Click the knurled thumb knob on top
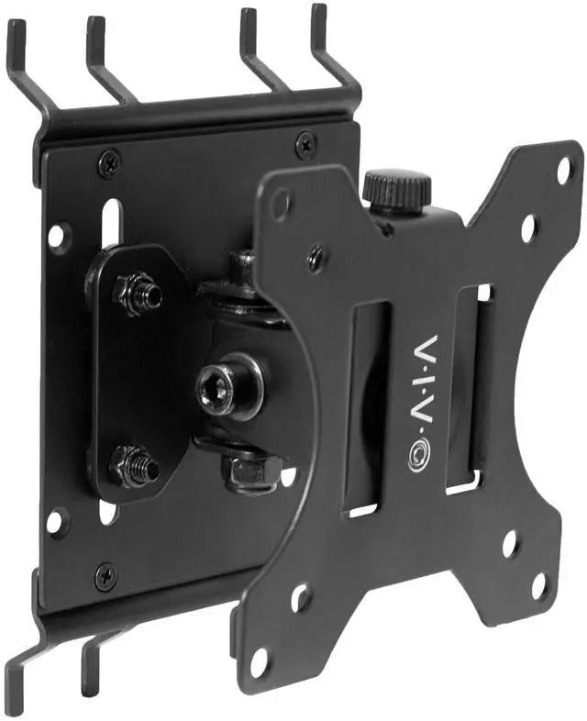(397, 190)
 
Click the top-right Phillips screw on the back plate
(305, 140)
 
